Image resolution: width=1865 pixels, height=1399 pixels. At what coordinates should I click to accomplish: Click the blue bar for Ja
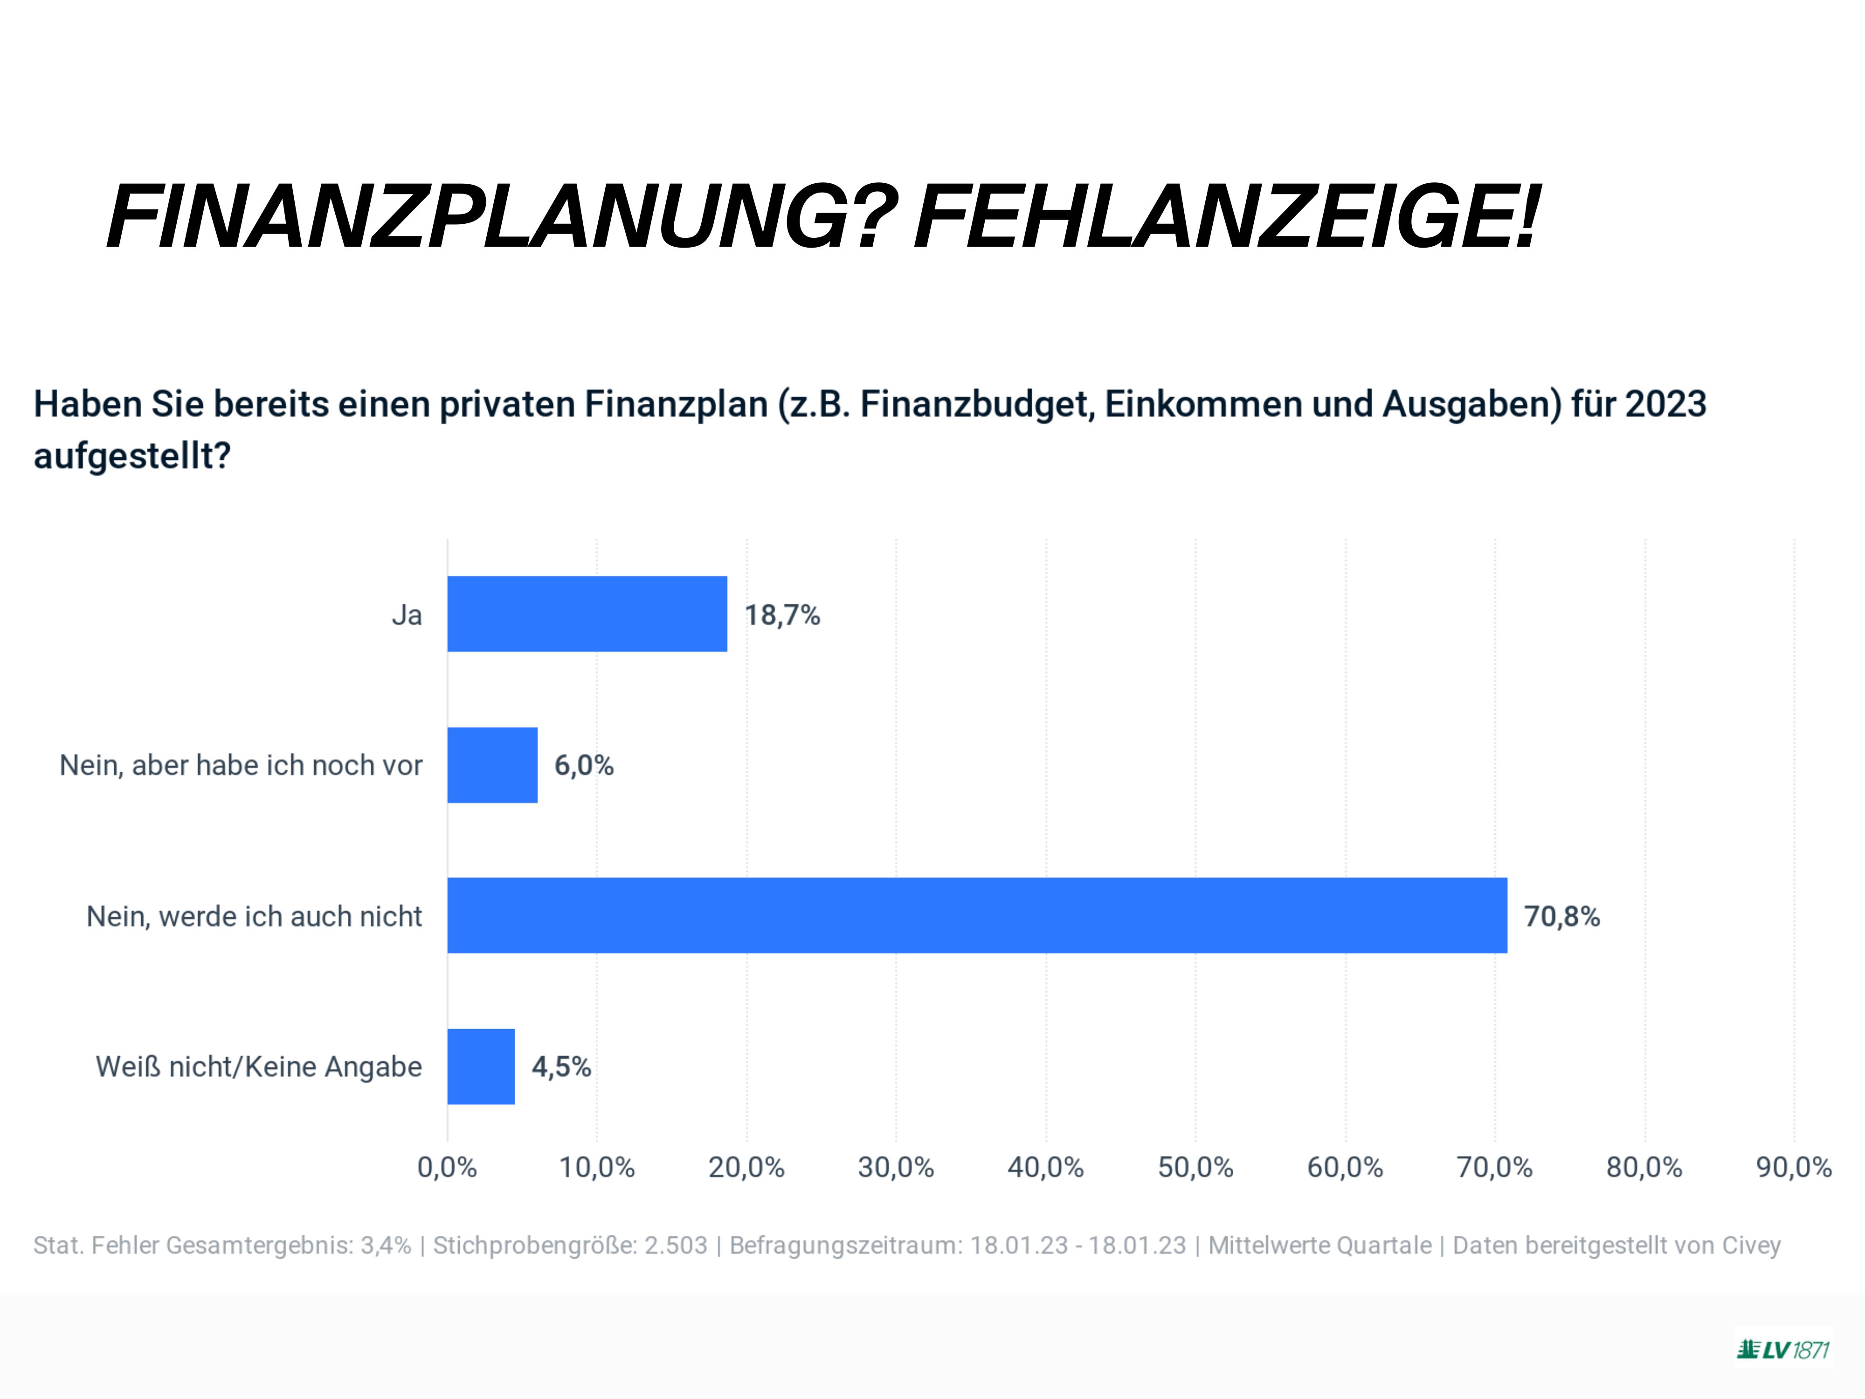click(x=587, y=614)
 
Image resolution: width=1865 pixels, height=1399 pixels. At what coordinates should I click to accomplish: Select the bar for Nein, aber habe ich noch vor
click(x=492, y=765)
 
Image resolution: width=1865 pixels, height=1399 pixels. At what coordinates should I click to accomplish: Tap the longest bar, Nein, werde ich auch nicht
click(x=976, y=915)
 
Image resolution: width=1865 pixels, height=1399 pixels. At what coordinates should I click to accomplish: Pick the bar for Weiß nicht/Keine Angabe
click(x=481, y=1066)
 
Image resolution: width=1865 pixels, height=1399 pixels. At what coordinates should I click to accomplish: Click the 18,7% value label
click(x=781, y=616)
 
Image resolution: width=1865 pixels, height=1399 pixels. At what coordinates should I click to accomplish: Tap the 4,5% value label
click(x=561, y=1067)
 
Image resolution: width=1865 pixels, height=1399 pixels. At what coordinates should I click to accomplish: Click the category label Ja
click(x=407, y=616)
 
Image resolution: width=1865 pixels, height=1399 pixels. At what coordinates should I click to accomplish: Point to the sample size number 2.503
click(x=676, y=1246)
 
